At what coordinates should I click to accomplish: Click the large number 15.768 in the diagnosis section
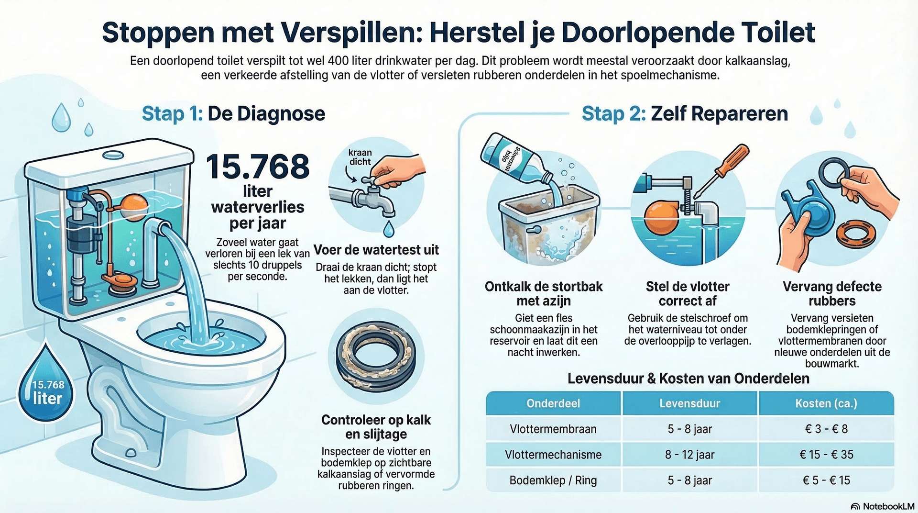(258, 167)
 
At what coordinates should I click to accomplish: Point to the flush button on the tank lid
(113, 155)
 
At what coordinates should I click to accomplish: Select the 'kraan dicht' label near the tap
(360, 157)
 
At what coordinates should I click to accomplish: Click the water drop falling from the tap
(389, 229)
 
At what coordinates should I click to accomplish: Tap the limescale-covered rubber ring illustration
(375, 356)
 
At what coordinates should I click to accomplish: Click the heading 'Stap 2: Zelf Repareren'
(685, 114)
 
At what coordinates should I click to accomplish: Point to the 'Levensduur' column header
(689, 403)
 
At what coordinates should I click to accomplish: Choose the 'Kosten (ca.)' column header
(826, 403)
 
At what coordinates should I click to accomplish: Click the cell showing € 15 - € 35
(826, 455)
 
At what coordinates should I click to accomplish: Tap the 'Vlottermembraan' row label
(553, 429)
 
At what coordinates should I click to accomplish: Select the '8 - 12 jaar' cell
(689, 455)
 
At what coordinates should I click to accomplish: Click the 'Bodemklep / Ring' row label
(553, 480)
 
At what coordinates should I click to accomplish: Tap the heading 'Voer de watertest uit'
(376, 250)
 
